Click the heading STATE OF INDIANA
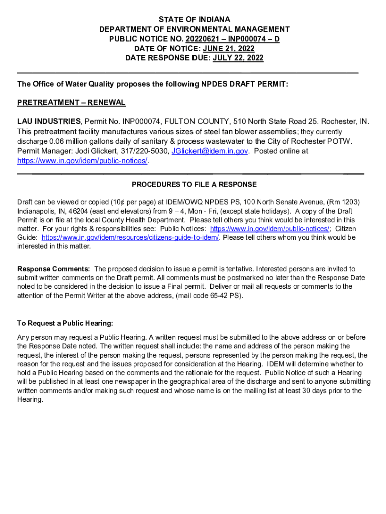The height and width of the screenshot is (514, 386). [194, 20]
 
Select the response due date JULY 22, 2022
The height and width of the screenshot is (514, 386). [238, 58]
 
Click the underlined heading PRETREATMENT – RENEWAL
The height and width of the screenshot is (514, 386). [71, 103]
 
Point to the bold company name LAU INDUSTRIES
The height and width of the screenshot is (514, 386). [49, 122]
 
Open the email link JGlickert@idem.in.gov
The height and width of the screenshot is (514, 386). [210, 151]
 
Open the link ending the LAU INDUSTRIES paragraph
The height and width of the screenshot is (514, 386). [83, 161]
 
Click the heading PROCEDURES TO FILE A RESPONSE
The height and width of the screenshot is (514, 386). [194, 185]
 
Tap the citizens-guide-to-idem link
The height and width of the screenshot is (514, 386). [130, 237]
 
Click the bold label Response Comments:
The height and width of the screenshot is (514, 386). [54, 269]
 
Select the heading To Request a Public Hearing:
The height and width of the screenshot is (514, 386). [65, 323]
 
